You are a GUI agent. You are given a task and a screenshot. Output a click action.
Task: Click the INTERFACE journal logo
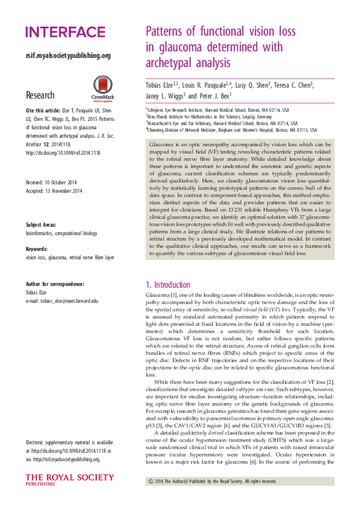click(x=65, y=33)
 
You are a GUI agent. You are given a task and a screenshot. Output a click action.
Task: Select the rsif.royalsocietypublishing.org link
click(x=68, y=56)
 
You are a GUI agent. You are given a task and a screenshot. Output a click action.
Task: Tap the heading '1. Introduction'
click(x=168, y=285)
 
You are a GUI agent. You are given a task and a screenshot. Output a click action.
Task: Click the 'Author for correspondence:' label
click(x=55, y=284)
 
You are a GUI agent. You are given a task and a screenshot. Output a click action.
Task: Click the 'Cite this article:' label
click(x=43, y=112)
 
